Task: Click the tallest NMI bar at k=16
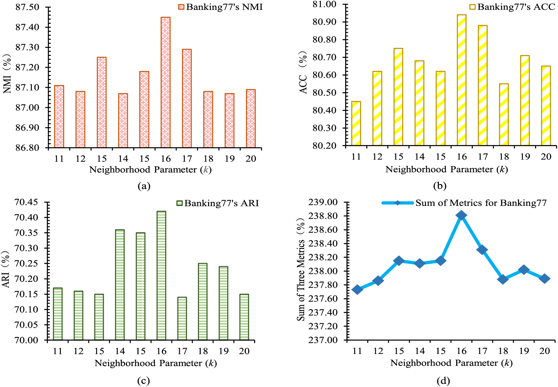[166, 82]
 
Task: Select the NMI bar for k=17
[187, 98]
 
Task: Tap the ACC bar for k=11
[356, 123]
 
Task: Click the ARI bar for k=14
[120, 285]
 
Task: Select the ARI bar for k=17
[182, 318]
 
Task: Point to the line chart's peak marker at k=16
[461, 215]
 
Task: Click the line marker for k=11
[357, 289]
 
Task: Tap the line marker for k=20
[544, 278]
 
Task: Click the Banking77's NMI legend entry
[220, 7]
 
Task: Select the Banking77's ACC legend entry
[512, 7]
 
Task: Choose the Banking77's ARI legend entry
[217, 203]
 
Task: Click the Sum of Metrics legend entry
[464, 203]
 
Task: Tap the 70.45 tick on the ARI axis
[26, 202]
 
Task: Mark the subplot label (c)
[144, 381]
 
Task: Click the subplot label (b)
[440, 186]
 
